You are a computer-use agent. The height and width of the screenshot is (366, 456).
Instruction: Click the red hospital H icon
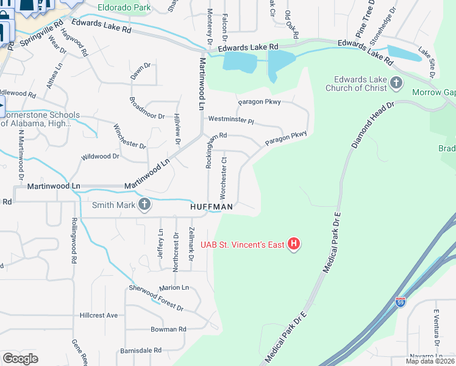tap(294, 245)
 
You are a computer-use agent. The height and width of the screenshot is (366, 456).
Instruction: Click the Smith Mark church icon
tap(144, 204)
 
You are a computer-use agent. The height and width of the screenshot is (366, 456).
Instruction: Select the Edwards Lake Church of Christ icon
tap(396, 82)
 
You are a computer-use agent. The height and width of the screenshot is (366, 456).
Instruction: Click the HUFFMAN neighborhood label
tap(212, 207)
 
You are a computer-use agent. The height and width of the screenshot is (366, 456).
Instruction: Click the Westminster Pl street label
tap(230, 120)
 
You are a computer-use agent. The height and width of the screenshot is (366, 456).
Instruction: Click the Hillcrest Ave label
tap(98, 315)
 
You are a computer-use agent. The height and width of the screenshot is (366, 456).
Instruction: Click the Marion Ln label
tap(174, 287)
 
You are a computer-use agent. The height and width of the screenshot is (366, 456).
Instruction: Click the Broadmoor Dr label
tap(148, 107)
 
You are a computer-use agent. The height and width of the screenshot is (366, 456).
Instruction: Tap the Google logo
tap(20, 359)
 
